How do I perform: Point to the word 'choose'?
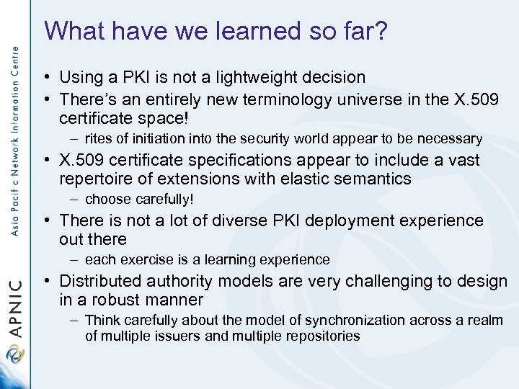click(x=107, y=199)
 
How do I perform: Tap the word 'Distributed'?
click(x=102, y=280)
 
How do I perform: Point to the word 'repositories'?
click(x=323, y=336)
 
